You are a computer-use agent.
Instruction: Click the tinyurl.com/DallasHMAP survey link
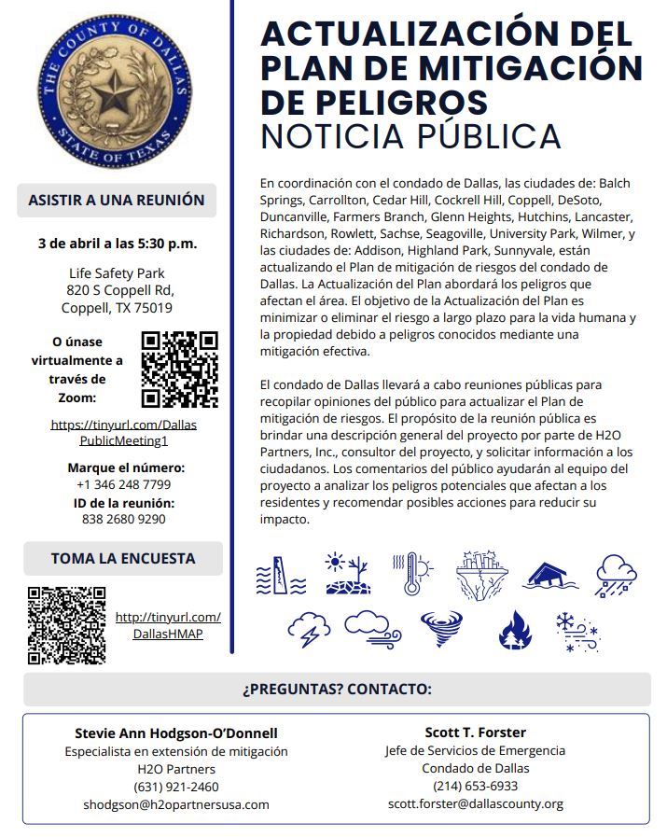tap(168, 625)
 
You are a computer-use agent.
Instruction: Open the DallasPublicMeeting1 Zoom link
tap(123, 432)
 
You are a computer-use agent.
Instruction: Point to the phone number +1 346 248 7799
tap(123, 484)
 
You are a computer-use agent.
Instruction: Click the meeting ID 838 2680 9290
tap(123, 520)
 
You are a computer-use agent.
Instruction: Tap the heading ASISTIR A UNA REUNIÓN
tap(117, 200)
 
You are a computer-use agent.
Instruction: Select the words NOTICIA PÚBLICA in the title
tap(410, 136)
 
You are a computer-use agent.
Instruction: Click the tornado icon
tap(440, 629)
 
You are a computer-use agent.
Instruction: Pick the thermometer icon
tap(413, 572)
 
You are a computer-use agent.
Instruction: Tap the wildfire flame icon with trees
tap(514, 630)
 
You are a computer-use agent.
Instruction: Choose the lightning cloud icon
tap(309, 629)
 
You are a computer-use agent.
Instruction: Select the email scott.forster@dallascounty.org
tap(475, 803)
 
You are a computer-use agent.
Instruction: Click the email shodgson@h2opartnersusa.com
tap(176, 804)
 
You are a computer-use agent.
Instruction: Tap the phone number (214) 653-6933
tap(475, 786)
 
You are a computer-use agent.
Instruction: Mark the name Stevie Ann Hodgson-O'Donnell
tap(176, 732)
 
